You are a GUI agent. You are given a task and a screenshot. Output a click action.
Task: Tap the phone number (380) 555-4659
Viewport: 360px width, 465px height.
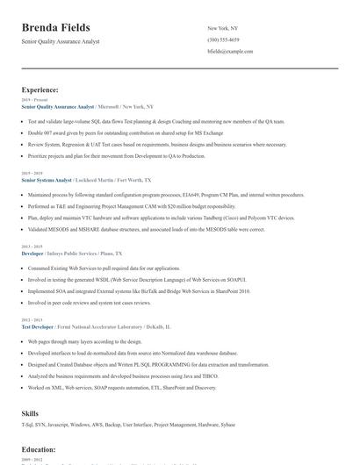tap(223, 39)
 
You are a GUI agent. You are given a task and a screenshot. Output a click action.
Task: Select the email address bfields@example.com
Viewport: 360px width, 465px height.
tap(230, 52)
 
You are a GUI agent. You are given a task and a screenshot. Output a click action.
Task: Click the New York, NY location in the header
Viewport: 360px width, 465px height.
tap(223, 28)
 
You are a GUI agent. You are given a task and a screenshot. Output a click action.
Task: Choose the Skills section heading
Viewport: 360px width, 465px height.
tap(30, 412)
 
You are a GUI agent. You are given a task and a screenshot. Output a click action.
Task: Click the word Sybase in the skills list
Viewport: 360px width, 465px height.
tap(227, 424)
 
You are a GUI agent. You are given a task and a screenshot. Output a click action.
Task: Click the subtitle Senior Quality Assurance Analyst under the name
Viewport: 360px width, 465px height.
tap(61, 41)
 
